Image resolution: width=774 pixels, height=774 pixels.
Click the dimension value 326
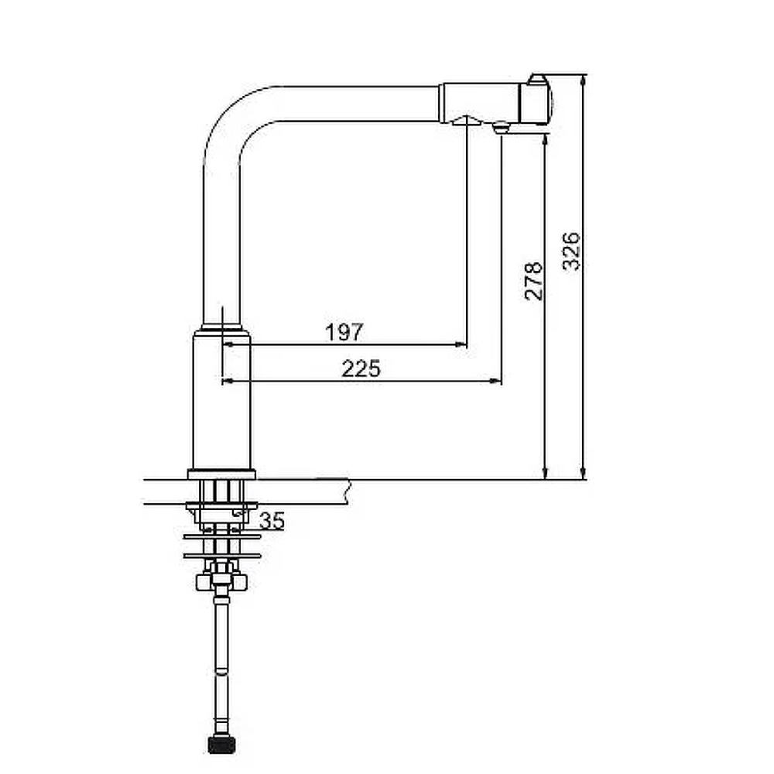(x=572, y=251)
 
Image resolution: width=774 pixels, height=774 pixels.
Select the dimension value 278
(x=533, y=281)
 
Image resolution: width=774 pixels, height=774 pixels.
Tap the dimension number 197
(x=344, y=332)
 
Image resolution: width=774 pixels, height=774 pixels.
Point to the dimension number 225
(x=361, y=368)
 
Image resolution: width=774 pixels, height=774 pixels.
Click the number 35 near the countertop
(x=272, y=521)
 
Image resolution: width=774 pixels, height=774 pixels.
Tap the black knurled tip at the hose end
(x=221, y=745)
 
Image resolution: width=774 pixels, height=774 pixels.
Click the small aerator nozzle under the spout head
(x=501, y=127)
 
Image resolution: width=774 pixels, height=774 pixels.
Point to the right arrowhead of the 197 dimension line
(x=461, y=344)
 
